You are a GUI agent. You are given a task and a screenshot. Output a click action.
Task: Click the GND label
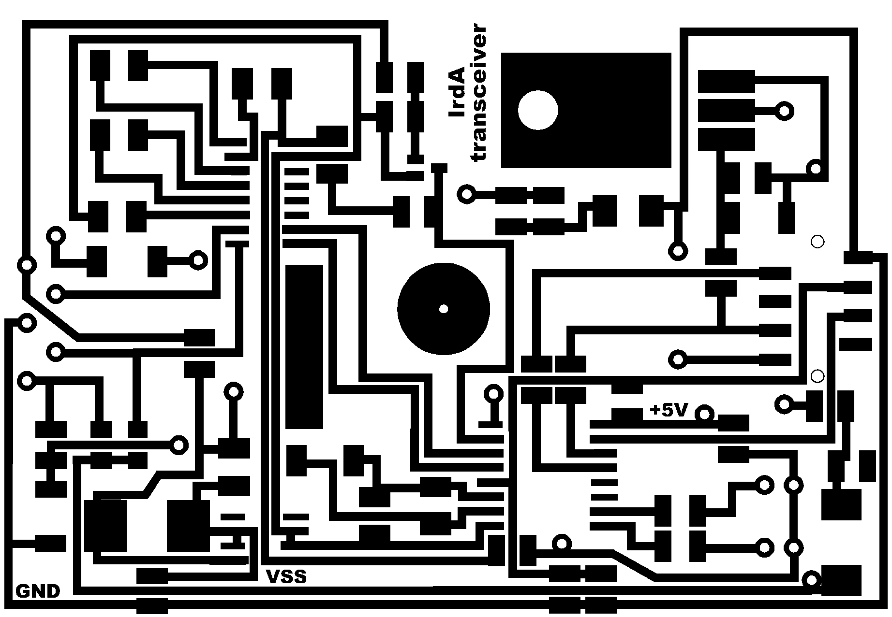coord(38,591)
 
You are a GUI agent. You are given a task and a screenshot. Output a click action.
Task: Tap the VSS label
coord(286,576)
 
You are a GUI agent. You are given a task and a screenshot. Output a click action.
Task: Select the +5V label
coord(669,411)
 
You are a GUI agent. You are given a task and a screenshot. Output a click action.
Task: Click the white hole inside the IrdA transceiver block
coord(537,110)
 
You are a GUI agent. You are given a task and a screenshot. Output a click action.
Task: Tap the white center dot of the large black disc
coord(443,309)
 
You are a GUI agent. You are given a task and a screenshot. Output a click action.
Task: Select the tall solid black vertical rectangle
coord(304,346)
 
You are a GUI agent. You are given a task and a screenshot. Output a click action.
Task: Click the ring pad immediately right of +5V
coord(704,414)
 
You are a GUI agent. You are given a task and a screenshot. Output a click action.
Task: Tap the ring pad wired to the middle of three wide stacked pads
coord(784,111)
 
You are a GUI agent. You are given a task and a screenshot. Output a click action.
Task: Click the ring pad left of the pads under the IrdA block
coord(466,195)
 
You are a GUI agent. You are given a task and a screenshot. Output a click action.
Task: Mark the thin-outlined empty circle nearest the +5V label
coord(817,375)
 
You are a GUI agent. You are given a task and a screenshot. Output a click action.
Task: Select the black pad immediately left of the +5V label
coord(627,415)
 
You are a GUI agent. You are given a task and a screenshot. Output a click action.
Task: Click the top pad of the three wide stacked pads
coord(726,81)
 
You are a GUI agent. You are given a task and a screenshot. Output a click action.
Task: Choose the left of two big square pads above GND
coord(105,526)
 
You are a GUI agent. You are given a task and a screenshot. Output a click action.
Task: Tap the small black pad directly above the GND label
coord(50,543)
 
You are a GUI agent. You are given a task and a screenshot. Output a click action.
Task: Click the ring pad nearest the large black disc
coord(493,394)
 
